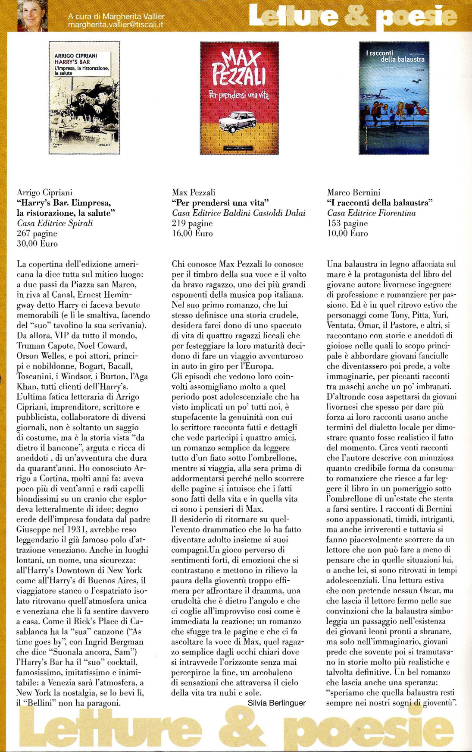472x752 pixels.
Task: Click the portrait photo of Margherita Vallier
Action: coord(32,16)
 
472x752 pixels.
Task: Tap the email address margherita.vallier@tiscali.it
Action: coord(116,25)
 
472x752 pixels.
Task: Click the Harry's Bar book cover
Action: coord(84,98)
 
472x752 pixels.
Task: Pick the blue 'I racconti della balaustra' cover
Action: coord(394,98)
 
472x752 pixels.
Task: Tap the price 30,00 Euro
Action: coord(37,244)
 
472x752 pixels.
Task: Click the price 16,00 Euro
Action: coord(192,233)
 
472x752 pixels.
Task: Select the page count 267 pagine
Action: coord(37,233)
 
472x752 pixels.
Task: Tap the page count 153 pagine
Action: coord(347,223)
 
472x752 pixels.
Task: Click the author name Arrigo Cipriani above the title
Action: coord(44,192)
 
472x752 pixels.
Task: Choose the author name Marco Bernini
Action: coord(353,192)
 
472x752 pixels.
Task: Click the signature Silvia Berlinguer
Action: coord(276,703)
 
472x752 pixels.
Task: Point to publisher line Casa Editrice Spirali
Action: coord(55,223)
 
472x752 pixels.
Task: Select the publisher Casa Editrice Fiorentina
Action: coord(372,213)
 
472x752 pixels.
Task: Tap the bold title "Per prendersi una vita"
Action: coord(220,203)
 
